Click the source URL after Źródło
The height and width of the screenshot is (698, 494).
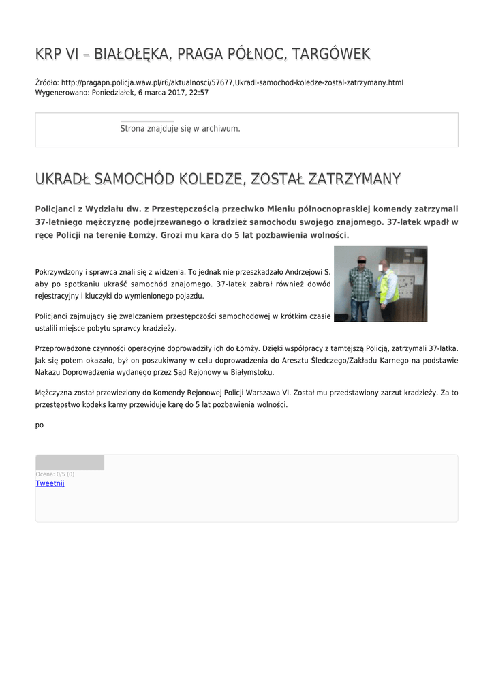click(232, 82)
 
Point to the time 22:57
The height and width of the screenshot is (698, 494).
click(199, 93)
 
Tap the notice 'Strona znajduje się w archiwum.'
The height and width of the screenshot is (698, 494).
click(180, 128)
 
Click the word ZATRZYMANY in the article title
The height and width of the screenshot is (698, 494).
click(354, 179)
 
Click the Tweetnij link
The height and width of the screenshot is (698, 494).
click(50, 483)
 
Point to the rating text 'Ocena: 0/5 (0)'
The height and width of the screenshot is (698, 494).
click(55, 474)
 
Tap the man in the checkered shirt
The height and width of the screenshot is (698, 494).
click(359, 286)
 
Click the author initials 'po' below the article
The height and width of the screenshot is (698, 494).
click(40, 425)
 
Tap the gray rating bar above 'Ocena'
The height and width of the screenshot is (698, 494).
click(70, 463)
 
